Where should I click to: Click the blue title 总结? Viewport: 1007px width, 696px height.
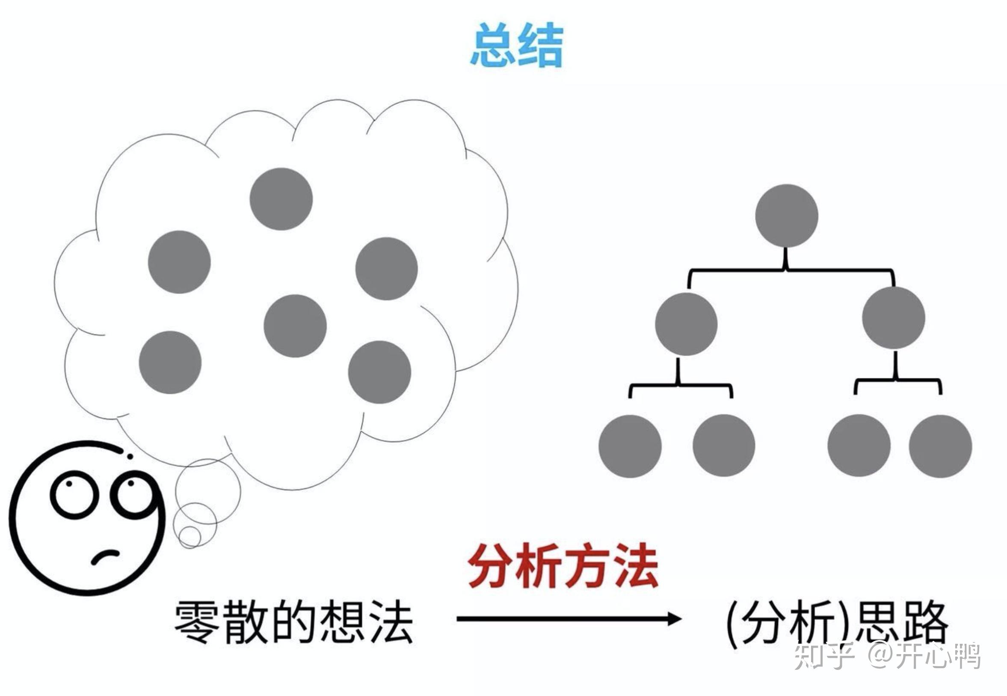pyautogui.click(x=517, y=45)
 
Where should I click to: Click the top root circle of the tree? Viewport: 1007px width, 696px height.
pyautogui.click(x=787, y=215)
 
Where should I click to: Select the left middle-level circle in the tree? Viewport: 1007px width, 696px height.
pyautogui.click(x=686, y=324)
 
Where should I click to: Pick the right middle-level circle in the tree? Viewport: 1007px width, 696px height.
pyautogui.click(x=893, y=318)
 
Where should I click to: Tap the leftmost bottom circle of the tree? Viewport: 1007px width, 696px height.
pyautogui.click(x=630, y=446)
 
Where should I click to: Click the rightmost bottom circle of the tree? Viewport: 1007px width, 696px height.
pyautogui.click(x=940, y=446)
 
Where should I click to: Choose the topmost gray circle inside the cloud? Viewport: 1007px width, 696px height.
pyautogui.click(x=281, y=199)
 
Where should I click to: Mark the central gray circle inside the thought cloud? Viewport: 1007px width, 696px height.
pyautogui.click(x=295, y=326)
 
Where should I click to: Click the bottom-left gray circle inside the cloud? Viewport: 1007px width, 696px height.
pyautogui.click(x=170, y=362)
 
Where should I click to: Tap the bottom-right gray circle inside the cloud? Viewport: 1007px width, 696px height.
pyautogui.click(x=379, y=372)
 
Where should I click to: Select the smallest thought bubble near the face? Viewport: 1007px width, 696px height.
pyautogui.click(x=190, y=536)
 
